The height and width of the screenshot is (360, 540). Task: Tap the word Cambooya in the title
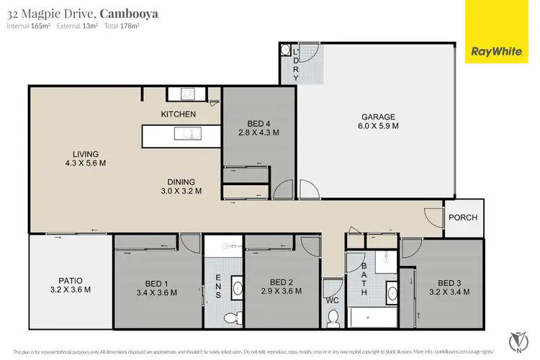tap(130, 13)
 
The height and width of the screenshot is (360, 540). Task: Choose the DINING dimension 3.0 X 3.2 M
tap(181, 191)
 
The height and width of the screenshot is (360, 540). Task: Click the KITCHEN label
tap(178, 114)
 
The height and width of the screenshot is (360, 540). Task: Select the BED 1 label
tap(156, 282)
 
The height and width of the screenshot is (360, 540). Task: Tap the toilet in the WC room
tap(333, 316)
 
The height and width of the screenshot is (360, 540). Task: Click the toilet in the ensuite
tap(230, 317)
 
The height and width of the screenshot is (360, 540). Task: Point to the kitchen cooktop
tap(186, 93)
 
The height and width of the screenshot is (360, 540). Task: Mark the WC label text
tap(330, 299)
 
